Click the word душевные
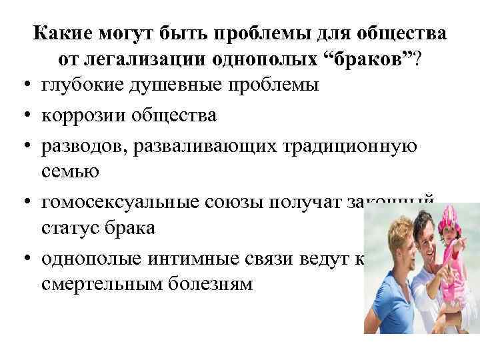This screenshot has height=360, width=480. (179, 86)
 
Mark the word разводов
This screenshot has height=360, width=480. (86, 144)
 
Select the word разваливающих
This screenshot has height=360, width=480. (205, 144)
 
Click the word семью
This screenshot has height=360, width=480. (69, 171)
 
